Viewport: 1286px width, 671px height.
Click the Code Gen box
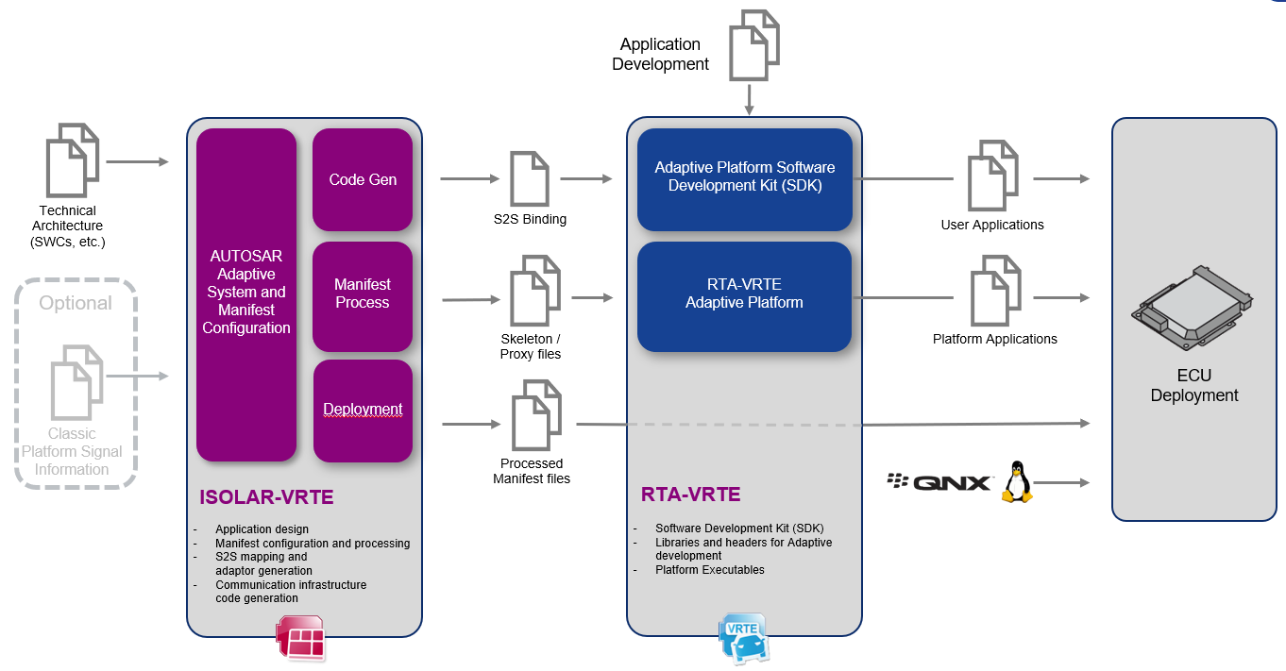pyautogui.click(x=363, y=179)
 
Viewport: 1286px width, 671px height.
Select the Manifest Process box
pyautogui.click(x=363, y=296)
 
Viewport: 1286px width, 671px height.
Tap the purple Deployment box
pyautogui.click(x=363, y=411)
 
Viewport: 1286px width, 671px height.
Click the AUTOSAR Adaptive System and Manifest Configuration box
pyautogui.click(x=246, y=294)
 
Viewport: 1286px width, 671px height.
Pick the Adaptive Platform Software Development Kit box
pyautogui.click(x=745, y=179)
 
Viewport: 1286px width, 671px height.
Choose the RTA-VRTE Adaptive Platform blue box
pyautogui.click(x=744, y=296)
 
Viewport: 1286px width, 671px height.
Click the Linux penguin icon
pyautogui.click(x=1017, y=482)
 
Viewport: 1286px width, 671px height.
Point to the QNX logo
pyautogui.click(x=939, y=482)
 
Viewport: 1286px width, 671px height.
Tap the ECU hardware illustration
pyautogui.click(x=1192, y=309)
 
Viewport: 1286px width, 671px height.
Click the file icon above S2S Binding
pyautogui.click(x=530, y=178)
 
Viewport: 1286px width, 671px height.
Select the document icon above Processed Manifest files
pyautogui.click(x=536, y=415)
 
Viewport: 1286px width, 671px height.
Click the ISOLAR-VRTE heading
pyautogui.click(x=266, y=497)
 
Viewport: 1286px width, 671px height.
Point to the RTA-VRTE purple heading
pyautogui.click(x=690, y=495)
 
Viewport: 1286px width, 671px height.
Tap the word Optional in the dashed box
pyautogui.click(x=76, y=303)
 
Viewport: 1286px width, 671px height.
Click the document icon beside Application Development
pyautogui.click(x=753, y=45)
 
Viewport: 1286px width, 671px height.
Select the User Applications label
pyautogui.click(x=992, y=225)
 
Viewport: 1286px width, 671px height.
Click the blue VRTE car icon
pyautogui.click(x=743, y=638)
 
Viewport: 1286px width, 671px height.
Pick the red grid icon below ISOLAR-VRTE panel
pyautogui.click(x=301, y=638)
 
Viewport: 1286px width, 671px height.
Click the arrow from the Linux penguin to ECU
pyautogui.click(x=1061, y=483)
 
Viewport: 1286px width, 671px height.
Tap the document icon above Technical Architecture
pyautogui.click(x=73, y=160)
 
